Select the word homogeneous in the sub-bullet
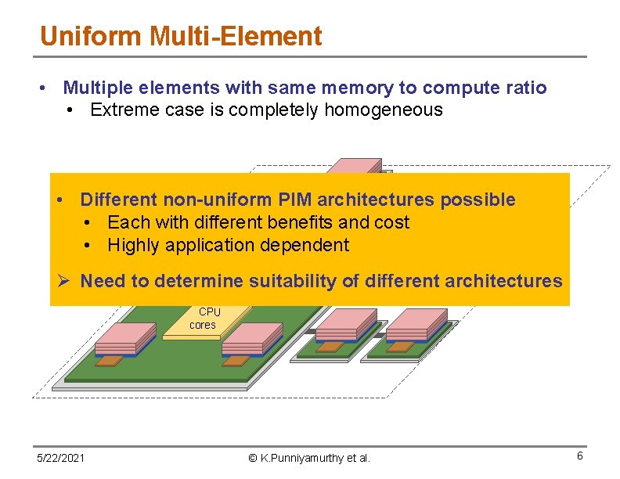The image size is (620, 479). (384, 110)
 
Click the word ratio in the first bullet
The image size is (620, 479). (522, 88)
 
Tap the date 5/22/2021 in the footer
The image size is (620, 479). (62, 457)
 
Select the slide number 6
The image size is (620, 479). (579, 456)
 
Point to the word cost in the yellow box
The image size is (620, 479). (391, 222)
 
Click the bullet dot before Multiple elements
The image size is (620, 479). (46, 88)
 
